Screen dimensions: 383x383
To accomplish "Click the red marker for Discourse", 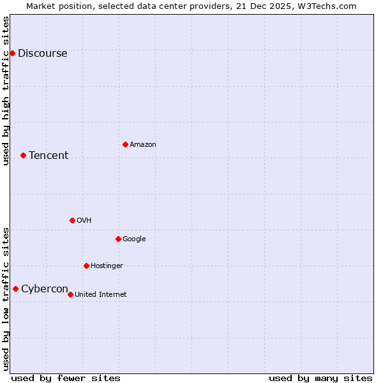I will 12,53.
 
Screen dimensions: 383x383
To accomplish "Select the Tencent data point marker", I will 23,155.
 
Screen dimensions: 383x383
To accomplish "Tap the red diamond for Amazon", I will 125,144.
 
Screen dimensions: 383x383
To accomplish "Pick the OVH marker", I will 72,220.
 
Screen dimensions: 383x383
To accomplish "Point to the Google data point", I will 118,239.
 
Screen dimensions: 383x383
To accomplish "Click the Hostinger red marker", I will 86,266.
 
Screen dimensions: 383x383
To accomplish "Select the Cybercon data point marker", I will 15,289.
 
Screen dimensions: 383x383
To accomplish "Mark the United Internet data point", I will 70,294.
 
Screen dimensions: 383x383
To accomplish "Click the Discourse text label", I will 42,54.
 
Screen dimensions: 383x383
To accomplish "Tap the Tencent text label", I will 49,156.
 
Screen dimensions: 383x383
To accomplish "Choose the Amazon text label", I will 143,145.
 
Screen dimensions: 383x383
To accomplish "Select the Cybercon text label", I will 45,289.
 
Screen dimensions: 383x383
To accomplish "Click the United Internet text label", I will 101,295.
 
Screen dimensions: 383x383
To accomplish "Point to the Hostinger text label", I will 107,266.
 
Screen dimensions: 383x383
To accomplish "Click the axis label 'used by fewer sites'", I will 66,378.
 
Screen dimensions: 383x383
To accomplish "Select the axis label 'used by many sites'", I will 320,378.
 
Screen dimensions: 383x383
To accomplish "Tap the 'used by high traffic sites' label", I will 6,91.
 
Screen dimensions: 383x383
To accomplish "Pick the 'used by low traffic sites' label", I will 6,299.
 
